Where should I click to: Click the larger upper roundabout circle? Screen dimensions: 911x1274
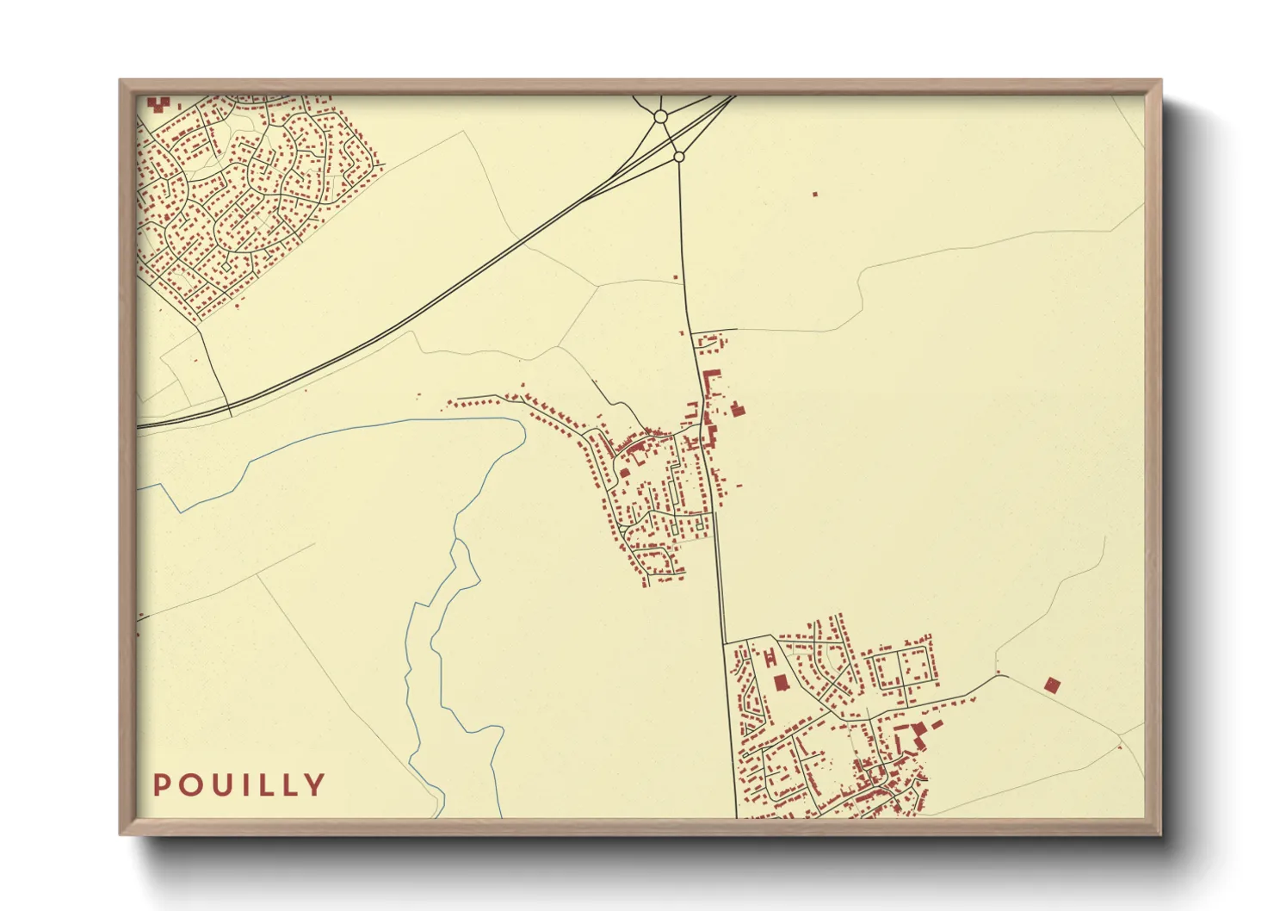pos(661,115)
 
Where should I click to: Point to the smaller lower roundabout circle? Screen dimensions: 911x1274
pos(678,157)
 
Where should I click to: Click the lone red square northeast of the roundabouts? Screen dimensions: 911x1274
pos(814,194)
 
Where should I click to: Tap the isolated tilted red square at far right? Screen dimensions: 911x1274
pos(1051,685)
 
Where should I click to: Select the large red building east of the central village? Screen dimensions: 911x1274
pos(737,409)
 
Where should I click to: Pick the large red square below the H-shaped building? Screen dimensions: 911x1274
pos(781,683)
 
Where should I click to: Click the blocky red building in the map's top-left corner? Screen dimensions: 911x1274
pos(157,103)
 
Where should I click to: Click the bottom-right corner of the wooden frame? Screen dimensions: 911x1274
pos(1160,834)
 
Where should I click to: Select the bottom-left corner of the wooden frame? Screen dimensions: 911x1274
pos(121,834)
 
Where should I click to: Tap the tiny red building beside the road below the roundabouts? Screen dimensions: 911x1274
pos(676,277)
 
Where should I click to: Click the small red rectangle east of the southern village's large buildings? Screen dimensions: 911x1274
pos(937,723)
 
